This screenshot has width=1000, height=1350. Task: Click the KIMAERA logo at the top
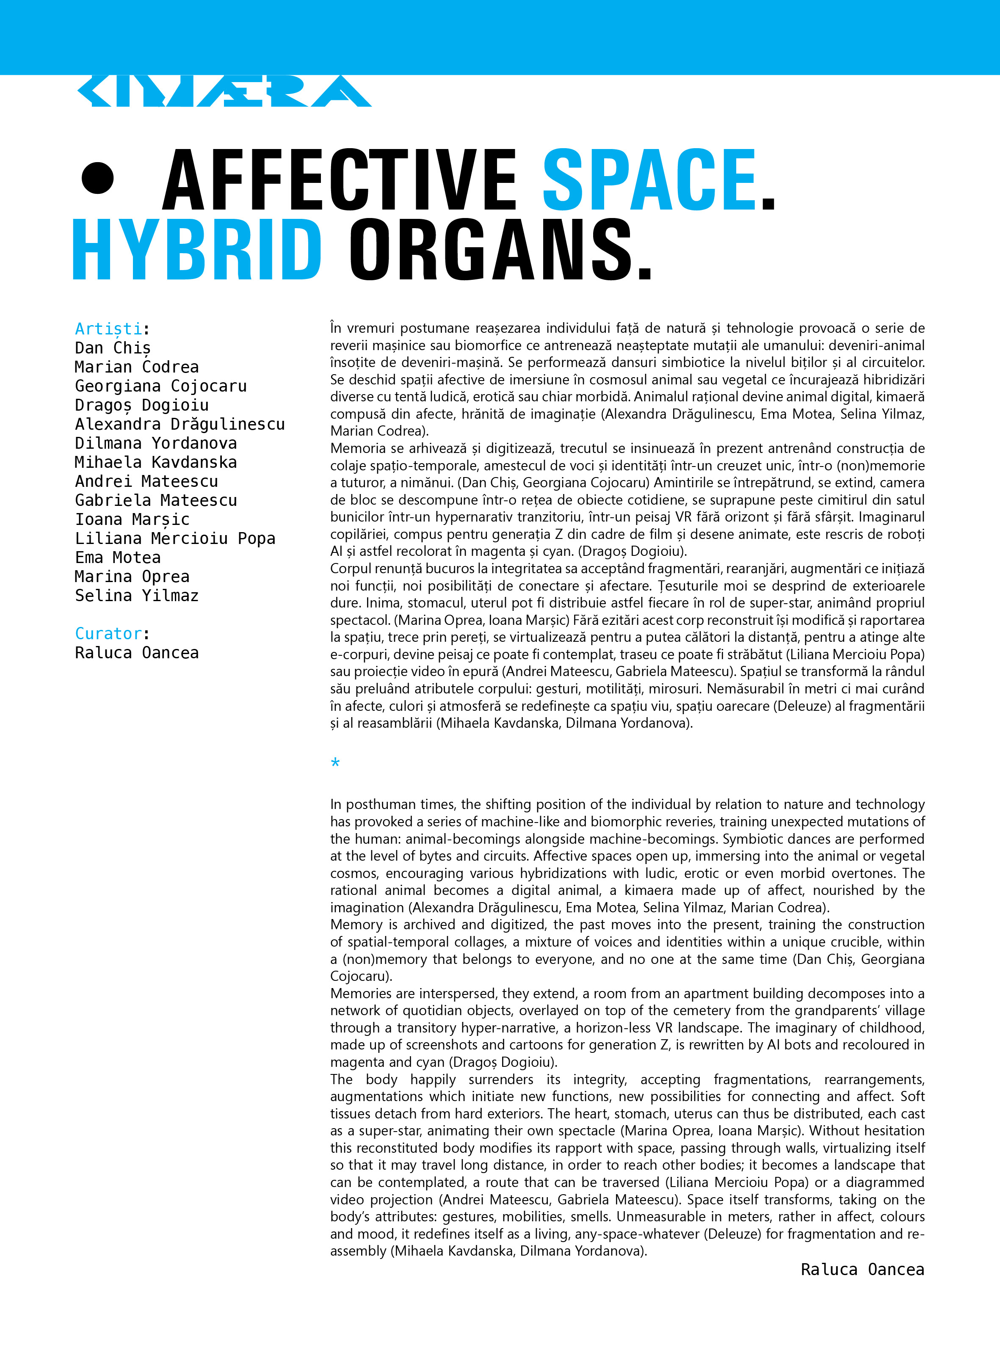(x=224, y=91)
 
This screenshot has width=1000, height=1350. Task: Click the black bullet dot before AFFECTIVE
(x=97, y=179)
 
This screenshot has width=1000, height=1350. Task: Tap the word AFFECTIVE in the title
(x=339, y=180)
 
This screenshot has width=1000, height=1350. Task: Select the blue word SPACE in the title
(x=649, y=180)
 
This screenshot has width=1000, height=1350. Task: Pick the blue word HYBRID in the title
(x=197, y=249)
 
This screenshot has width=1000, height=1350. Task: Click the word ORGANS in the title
(x=500, y=249)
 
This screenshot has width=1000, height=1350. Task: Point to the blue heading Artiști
(x=109, y=329)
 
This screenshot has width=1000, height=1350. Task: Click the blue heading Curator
(x=109, y=634)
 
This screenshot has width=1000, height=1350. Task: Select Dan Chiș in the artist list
(x=113, y=348)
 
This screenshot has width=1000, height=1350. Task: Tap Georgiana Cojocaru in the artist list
(x=160, y=386)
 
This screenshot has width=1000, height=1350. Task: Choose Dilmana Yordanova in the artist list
(x=155, y=443)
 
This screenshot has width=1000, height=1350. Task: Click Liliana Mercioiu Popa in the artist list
(x=175, y=538)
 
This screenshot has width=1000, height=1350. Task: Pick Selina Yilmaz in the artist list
(x=137, y=596)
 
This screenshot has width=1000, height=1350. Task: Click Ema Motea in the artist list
(x=117, y=557)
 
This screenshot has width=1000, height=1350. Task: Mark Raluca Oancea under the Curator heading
(x=137, y=653)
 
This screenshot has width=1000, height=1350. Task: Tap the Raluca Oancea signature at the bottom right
(x=862, y=1270)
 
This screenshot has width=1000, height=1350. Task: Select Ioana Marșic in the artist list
(x=132, y=519)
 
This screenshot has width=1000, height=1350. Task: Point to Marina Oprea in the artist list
(x=132, y=577)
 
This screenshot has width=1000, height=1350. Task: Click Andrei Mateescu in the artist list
(x=146, y=481)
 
